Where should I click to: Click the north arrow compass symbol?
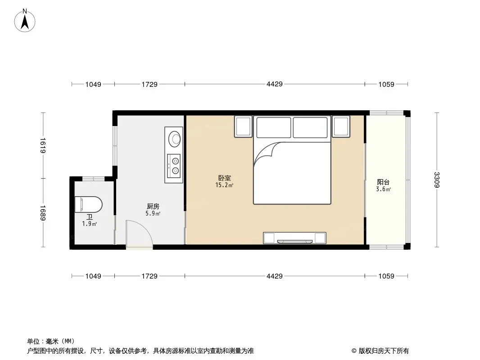click(25, 21)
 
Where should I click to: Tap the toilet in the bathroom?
click(88, 204)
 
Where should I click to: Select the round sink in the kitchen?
click(175, 139)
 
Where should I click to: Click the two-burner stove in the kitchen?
click(173, 166)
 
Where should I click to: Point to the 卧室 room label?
click(224, 178)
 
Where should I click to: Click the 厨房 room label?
click(153, 207)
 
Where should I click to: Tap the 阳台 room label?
click(383, 182)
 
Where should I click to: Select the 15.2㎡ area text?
click(224, 185)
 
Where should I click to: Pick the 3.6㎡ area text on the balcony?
click(383, 189)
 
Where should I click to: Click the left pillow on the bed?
click(274, 127)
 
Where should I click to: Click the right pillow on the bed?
click(310, 127)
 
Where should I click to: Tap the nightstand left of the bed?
click(243, 126)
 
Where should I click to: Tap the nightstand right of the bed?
click(341, 126)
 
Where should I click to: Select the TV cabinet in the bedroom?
click(294, 238)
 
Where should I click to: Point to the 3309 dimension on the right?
click(437, 180)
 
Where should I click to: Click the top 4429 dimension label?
click(275, 84)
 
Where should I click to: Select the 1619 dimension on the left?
click(42, 146)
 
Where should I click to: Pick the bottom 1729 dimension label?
click(149, 276)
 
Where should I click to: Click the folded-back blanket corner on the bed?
click(265, 154)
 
